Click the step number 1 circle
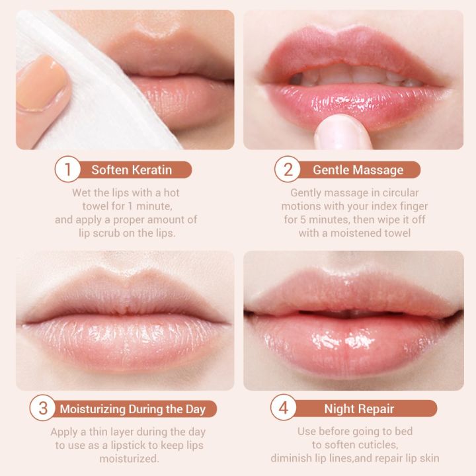coord(67,170)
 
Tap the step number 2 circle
coord(288,170)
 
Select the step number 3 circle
coord(44,408)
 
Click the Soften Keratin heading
coord(132,170)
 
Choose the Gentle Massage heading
coord(358,170)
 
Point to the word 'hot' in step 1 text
coord(170,193)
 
